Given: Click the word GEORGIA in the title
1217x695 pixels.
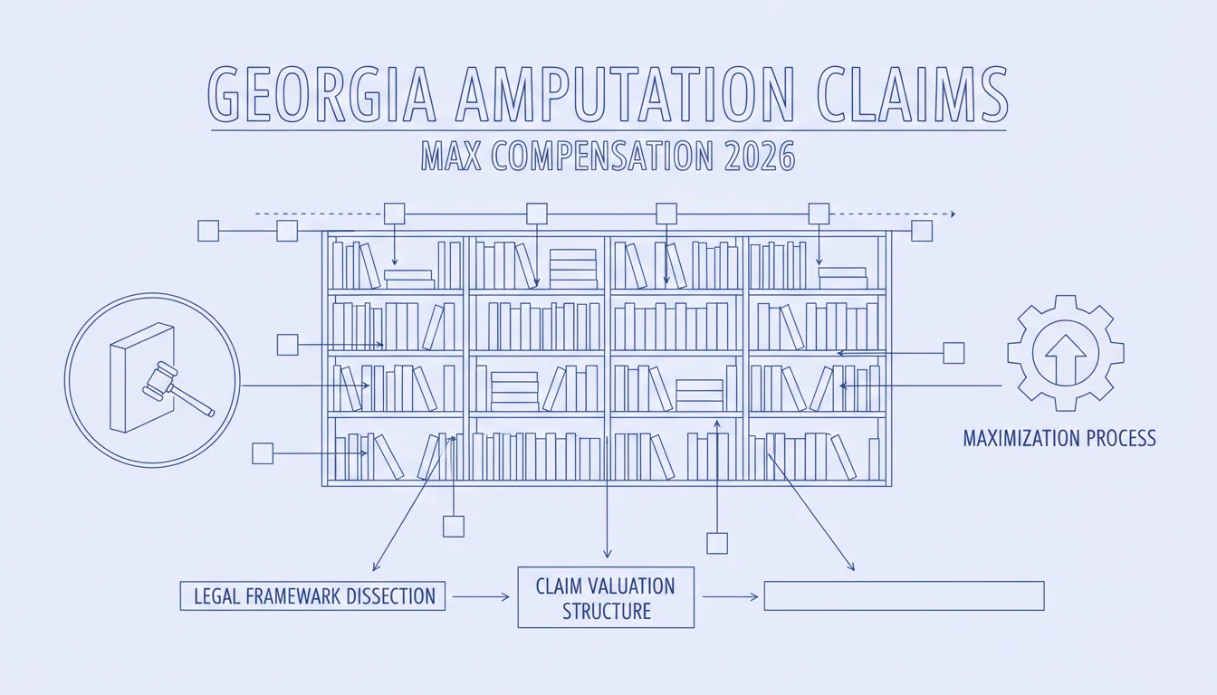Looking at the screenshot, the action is point(321,94).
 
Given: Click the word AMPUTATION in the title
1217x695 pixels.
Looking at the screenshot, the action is point(625,94).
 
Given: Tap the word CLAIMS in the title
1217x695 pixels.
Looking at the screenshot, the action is point(913,94).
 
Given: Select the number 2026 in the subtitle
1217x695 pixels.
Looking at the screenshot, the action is point(760,156).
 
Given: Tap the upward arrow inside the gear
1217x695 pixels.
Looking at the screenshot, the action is point(1066,358).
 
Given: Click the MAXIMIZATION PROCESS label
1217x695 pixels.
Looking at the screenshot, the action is point(1059,438).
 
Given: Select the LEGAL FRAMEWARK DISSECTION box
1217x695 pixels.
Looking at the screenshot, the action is point(312,596).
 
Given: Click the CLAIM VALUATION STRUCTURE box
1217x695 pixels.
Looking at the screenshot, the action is point(606,597).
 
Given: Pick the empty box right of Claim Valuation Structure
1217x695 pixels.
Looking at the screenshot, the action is point(904,596).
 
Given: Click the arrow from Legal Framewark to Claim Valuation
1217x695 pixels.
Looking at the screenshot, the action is point(481,596).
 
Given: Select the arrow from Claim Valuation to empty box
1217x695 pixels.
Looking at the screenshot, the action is point(730,596).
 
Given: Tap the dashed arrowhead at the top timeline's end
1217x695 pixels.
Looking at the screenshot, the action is point(953,214).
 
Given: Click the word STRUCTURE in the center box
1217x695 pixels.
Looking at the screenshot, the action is point(607,612).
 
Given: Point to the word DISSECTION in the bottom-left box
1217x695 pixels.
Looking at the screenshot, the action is point(390,596).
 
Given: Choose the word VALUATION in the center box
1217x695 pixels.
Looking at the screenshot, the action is point(632,586).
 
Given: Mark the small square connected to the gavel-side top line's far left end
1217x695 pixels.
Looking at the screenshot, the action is point(208,231).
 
